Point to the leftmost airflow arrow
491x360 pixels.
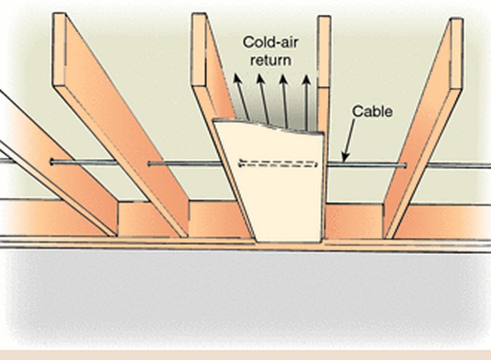[x=241, y=98]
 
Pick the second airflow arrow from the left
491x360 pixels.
[x=264, y=98]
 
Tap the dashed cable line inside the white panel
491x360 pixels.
[x=279, y=165]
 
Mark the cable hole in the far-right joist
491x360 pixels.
[x=405, y=166]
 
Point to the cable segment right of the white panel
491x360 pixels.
[x=365, y=166]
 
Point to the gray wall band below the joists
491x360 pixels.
[x=245, y=295]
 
